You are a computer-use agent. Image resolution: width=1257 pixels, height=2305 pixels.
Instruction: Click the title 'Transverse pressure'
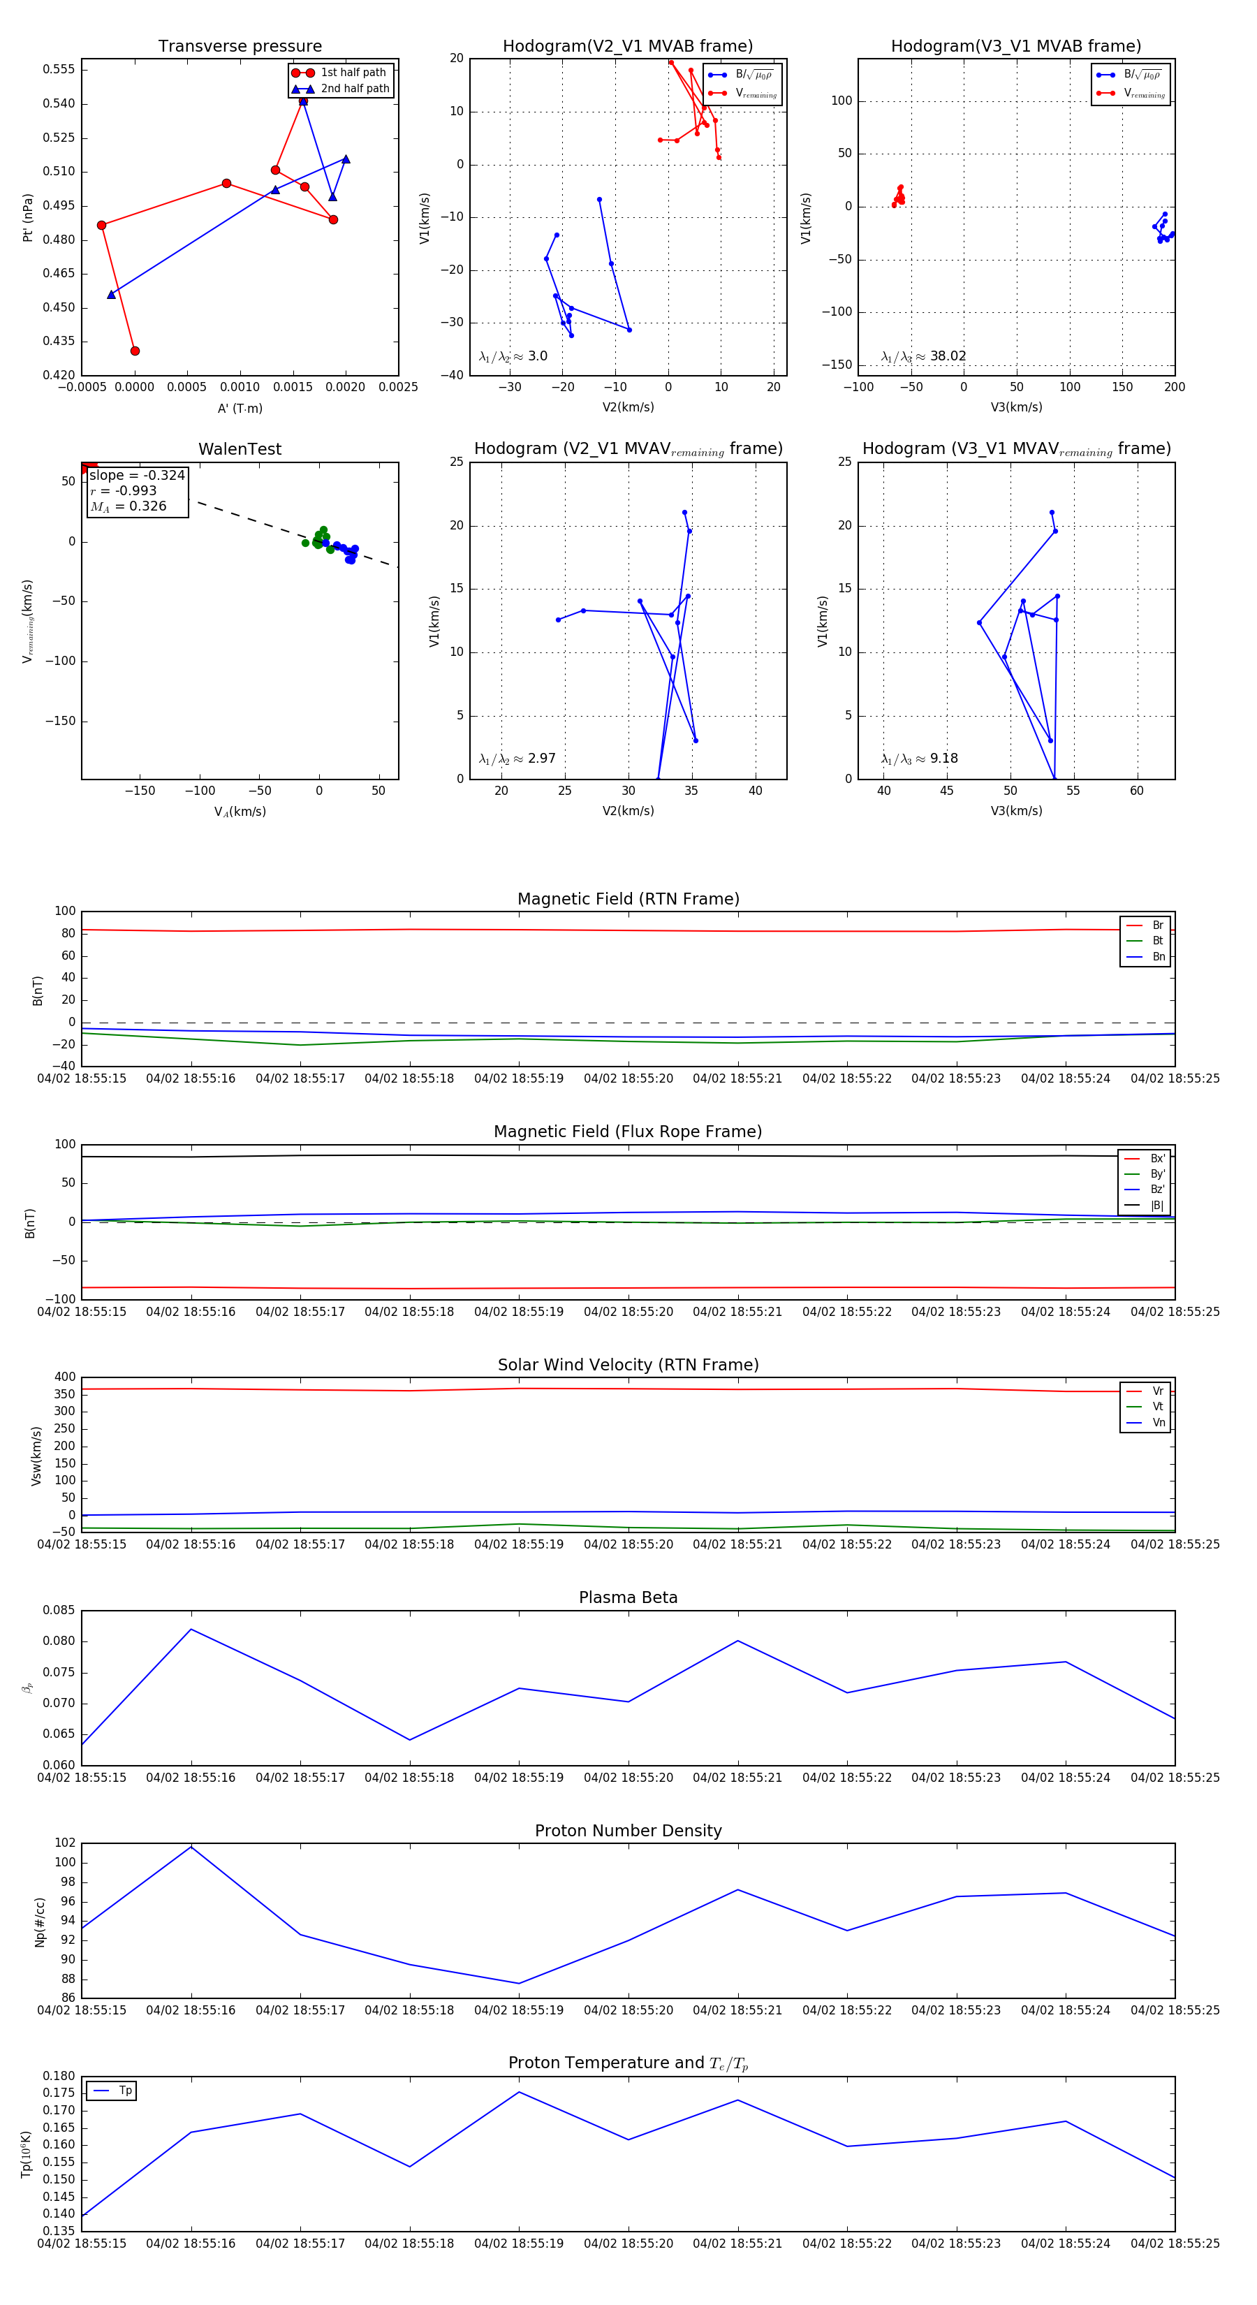(240, 47)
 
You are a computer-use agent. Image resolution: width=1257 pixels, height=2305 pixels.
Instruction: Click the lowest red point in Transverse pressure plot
(135, 351)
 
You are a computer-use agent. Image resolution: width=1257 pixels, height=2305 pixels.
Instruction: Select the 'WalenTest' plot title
(240, 449)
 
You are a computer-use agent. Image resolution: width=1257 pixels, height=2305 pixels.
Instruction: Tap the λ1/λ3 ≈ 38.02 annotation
(923, 356)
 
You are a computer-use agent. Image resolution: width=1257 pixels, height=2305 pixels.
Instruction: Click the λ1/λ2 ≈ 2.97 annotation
(517, 759)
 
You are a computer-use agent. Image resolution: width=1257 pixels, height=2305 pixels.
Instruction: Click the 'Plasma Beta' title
(628, 1597)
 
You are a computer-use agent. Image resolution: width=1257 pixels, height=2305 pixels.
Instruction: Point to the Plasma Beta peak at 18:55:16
(191, 1630)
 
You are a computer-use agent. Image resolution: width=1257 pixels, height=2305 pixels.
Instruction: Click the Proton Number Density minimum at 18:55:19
(519, 1983)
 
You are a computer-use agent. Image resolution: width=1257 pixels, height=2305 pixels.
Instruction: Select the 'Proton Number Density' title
(628, 1831)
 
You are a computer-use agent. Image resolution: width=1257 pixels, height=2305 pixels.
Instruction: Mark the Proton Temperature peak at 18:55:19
(519, 2092)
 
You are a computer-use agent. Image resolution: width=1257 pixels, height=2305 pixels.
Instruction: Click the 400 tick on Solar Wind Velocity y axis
(64, 1377)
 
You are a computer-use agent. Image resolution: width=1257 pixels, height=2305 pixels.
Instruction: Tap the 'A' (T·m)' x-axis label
(240, 408)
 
